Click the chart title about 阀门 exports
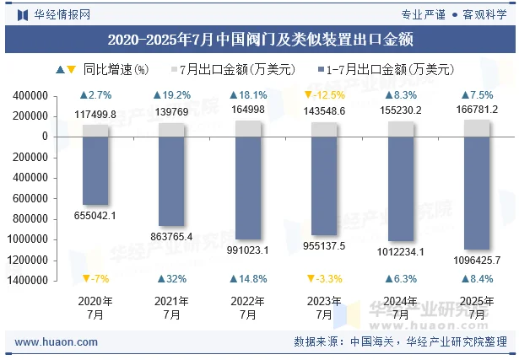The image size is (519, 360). [260, 39]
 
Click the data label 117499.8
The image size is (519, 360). [95, 114]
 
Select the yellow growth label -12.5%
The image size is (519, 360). [323, 95]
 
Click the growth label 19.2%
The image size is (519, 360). [171, 95]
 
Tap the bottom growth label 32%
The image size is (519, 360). [171, 279]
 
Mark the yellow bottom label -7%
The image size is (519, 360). [95, 279]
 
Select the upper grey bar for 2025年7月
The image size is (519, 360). [476, 127]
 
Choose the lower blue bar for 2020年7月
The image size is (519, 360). [95, 169]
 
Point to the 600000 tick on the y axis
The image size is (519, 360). [32, 198]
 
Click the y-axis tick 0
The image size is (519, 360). [44, 137]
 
